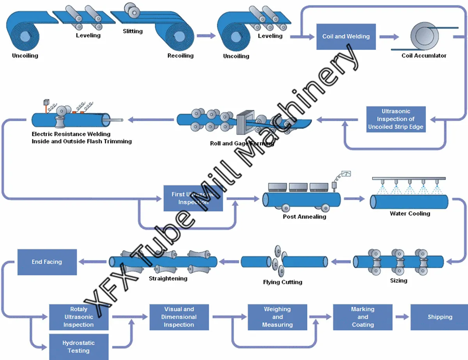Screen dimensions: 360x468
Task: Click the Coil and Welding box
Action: (x=346, y=37)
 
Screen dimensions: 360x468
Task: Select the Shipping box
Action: (x=440, y=317)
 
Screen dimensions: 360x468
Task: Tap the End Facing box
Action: (x=47, y=262)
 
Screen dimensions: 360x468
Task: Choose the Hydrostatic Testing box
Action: (x=78, y=347)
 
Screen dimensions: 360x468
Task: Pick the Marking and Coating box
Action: (x=363, y=317)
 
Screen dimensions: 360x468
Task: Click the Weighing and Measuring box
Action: (x=277, y=317)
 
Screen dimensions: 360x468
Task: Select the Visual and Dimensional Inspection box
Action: (x=179, y=317)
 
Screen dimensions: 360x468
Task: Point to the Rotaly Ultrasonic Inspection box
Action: (x=78, y=317)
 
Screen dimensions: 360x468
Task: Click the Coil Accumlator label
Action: (x=424, y=56)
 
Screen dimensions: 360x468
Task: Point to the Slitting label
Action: (x=133, y=31)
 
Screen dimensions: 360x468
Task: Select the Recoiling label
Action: (x=181, y=56)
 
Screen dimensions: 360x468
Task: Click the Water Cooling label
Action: (x=410, y=214)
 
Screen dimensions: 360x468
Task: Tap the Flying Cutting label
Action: (x=283, y=282)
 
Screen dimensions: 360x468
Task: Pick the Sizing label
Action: (x=399, y=281)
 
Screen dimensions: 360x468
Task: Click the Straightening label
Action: (x=168, y=279)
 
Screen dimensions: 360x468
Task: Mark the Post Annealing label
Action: (x=304, y=217)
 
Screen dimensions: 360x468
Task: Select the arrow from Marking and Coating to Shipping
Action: (x=402, y=317)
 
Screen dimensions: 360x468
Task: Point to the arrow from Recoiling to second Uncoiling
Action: (x=206, y=36)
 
